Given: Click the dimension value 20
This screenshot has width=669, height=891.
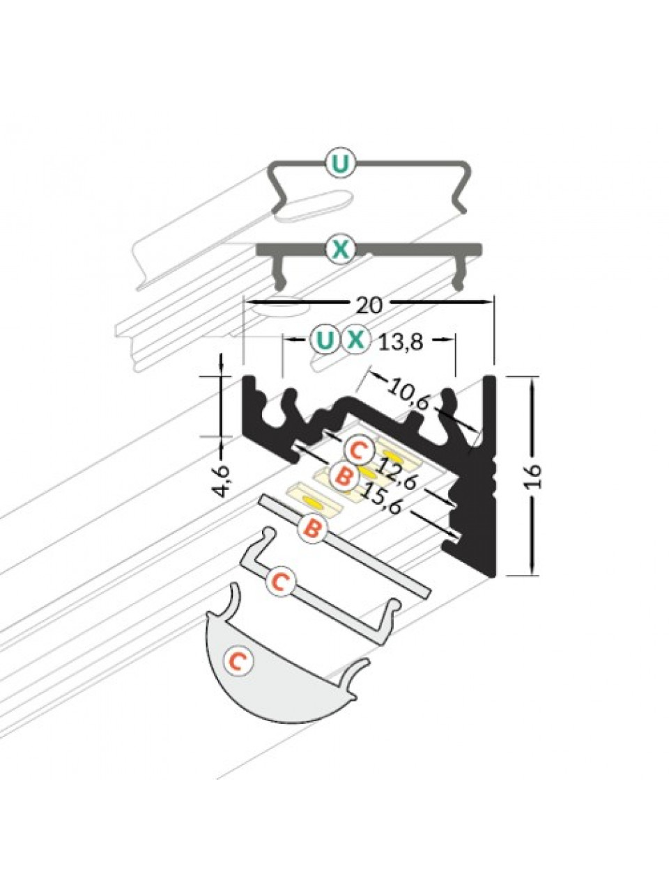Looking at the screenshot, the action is (x=369, y=306).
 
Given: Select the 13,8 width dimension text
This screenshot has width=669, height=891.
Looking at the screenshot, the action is (x=401, y=342).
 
